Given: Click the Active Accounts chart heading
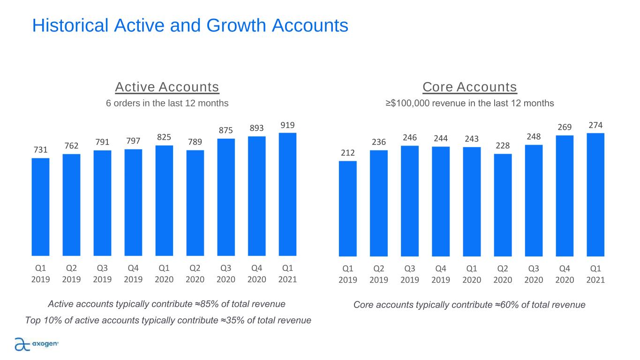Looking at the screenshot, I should click(x=167, y=87).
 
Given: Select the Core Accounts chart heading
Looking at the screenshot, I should click(x=469, y=87).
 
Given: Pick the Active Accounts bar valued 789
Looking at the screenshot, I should click(x=195, y=203).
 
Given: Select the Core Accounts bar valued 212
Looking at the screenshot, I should click(x=347, y=209).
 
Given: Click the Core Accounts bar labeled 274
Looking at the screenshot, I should click(x=595, y=195).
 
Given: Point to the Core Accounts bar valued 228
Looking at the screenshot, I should click(x=503, y=205).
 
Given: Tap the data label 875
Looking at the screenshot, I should click(x=226, y=131).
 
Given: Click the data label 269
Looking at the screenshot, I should click(x=565, y=127).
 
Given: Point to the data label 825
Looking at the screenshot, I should click(x=164, y=137).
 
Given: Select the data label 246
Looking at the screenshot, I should click(x=410, y=138).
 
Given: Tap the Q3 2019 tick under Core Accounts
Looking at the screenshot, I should click(x=410, y=274).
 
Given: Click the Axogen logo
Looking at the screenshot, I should click(x=37, y=344).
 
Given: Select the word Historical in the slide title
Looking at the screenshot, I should click(x=70, y=25).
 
